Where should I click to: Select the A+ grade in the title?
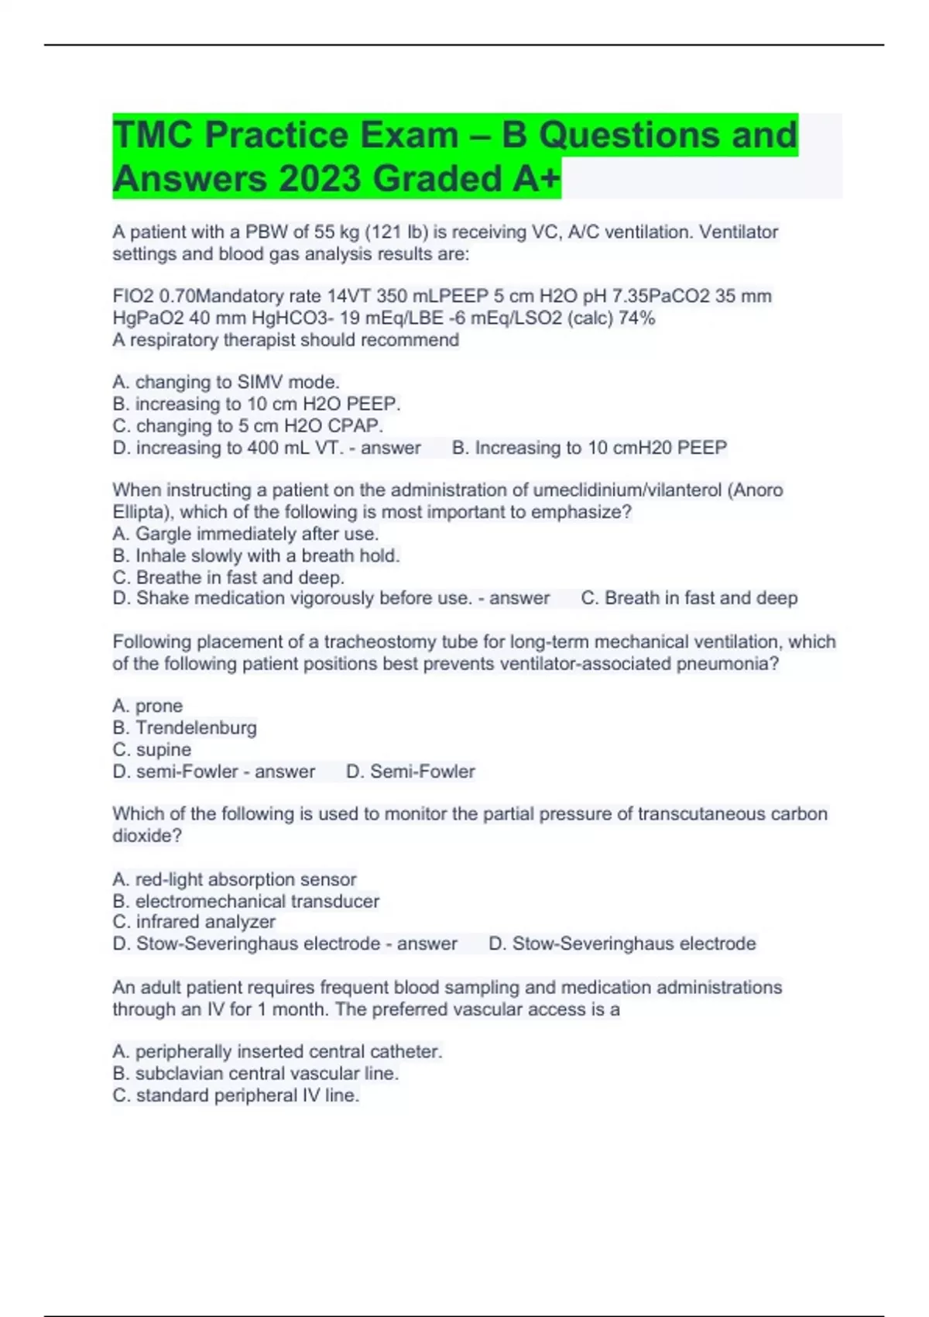535,179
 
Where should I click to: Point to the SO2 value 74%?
636,318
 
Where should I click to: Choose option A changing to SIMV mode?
226,382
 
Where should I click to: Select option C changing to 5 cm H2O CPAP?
248,425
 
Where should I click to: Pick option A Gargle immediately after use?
245,534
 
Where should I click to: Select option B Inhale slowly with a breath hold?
256,555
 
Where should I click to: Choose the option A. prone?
148,706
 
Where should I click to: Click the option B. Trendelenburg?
184,727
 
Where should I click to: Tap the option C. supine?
152,749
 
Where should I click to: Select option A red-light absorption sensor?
235,879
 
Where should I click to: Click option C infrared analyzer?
194,922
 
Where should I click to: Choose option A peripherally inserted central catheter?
277,1051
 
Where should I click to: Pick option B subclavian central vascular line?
255,1073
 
